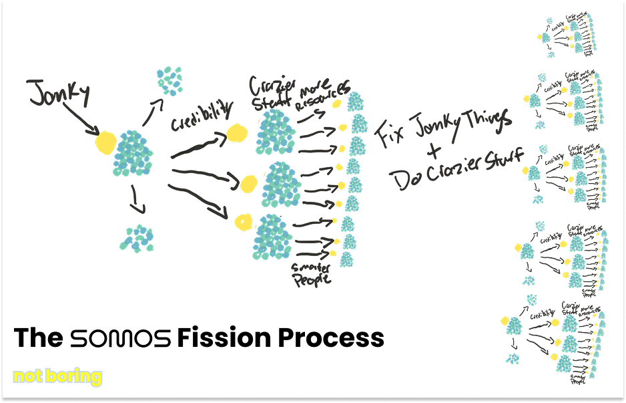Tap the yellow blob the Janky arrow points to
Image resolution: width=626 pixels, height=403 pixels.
105,142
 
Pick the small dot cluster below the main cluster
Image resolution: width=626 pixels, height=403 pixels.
139,239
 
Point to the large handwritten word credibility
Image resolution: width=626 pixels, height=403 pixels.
202,116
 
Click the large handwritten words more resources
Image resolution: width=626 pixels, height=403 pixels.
324,97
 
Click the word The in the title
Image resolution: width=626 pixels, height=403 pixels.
38,338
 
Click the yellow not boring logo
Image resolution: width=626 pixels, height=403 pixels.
57,376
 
